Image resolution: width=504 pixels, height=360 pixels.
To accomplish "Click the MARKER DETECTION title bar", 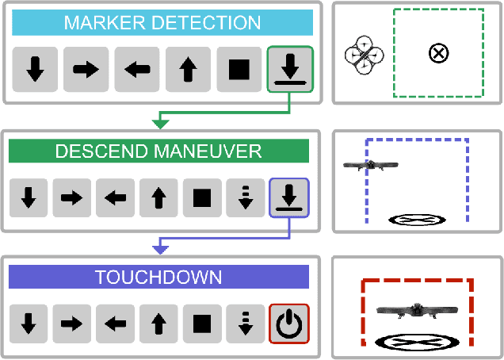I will coord(162,22).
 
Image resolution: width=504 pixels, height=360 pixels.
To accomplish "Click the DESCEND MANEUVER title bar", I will coord(158,151).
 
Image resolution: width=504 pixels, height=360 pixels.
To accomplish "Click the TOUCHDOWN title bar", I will coord(158,277).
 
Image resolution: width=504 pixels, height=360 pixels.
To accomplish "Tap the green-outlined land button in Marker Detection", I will coord(290,70).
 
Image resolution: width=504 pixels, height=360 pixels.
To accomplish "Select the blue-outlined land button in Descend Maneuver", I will coord(289,197).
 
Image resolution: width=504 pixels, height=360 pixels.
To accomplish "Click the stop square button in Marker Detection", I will coord(239,70).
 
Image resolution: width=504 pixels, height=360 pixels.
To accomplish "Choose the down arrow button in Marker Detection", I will coord(35,70).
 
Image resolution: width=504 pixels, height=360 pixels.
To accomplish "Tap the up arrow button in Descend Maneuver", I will coord(158,197).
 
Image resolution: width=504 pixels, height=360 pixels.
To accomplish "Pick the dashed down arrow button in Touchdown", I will coord(246,324).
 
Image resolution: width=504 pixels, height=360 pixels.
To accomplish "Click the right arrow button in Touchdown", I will coord(72,324).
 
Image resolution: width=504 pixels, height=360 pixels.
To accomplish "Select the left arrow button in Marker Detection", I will coord(137,70).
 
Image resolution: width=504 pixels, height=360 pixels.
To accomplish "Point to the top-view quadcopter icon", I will coord(364,55).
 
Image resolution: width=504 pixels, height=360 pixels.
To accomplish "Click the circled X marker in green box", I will coord(437,53).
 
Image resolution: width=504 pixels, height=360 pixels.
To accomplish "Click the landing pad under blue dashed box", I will coord(417,220).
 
